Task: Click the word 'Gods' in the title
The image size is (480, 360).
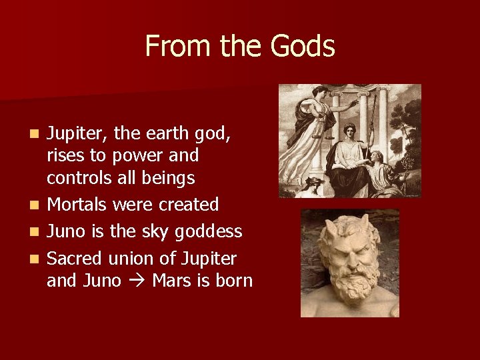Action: (303, 47)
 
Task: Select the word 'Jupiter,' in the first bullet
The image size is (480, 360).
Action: (77, 134)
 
